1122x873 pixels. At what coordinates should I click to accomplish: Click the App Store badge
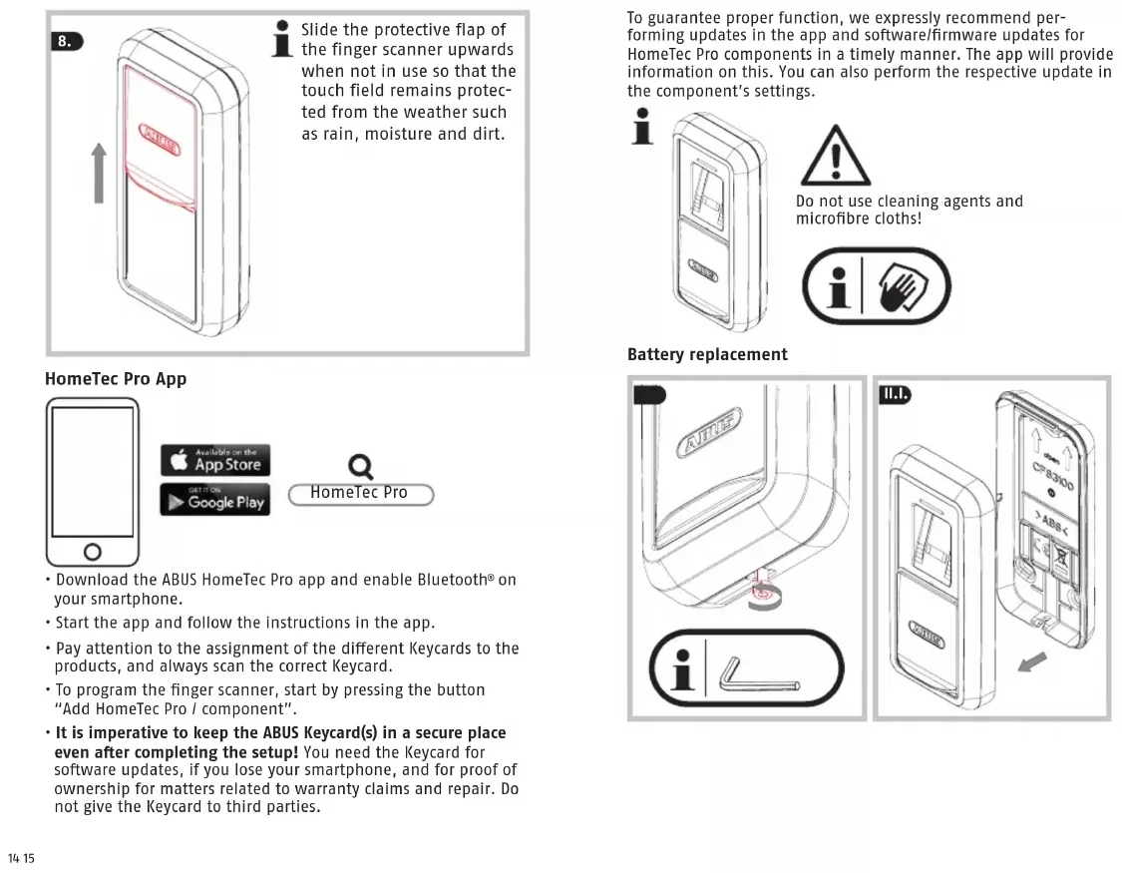point(214,461)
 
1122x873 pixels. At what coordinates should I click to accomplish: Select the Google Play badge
point(214,500)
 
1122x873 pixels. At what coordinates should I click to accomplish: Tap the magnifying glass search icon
point(360,467)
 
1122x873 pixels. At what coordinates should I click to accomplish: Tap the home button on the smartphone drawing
point(92,551)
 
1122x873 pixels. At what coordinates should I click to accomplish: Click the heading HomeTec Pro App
point(116,379)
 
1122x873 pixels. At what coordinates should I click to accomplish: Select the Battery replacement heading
point(707,354)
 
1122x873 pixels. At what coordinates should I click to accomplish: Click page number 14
point(14,859)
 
